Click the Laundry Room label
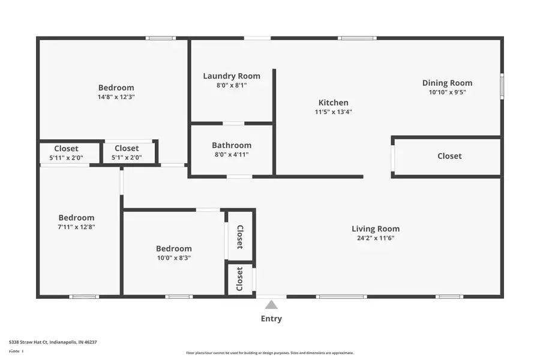pyautogui.click(x=232, y=76)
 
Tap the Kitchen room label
pyautogui.click(x=333, y=103)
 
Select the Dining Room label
pyautogui.click(x=447, y=83)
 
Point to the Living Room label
pyautogui.click(x=376, y=229)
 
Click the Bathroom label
pyautogui.click(x=232, y=145)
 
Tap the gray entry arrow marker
pyautogui.click(x=271, y=305)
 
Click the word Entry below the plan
pyautogui.click(x=271, y=319)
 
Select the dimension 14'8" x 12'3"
pyautogui.click(x=116, y=97)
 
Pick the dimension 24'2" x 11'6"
pyautogui.click(x=376, y=238)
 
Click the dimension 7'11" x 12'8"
pyautogui.click(x=76, y=227)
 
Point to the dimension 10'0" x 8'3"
pyautogui.click(x=174, y=258)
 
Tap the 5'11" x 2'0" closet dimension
pyautogui.click(x=66, y=158)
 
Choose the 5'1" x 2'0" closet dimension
pyautogui.click(x=127, y=158)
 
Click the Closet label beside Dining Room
pyautogui.click(x=449, y=156)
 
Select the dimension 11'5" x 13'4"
pyautogui.click(x=333, y=112)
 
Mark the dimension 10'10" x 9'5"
pyautogui.click(x=447, y=92)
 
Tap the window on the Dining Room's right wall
pyautogui.click(x=502, y=86)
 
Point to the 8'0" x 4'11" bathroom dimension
pyautogui.click(x=232, y=155)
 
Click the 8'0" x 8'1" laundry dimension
pyautogui.click(x=232, y=85)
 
